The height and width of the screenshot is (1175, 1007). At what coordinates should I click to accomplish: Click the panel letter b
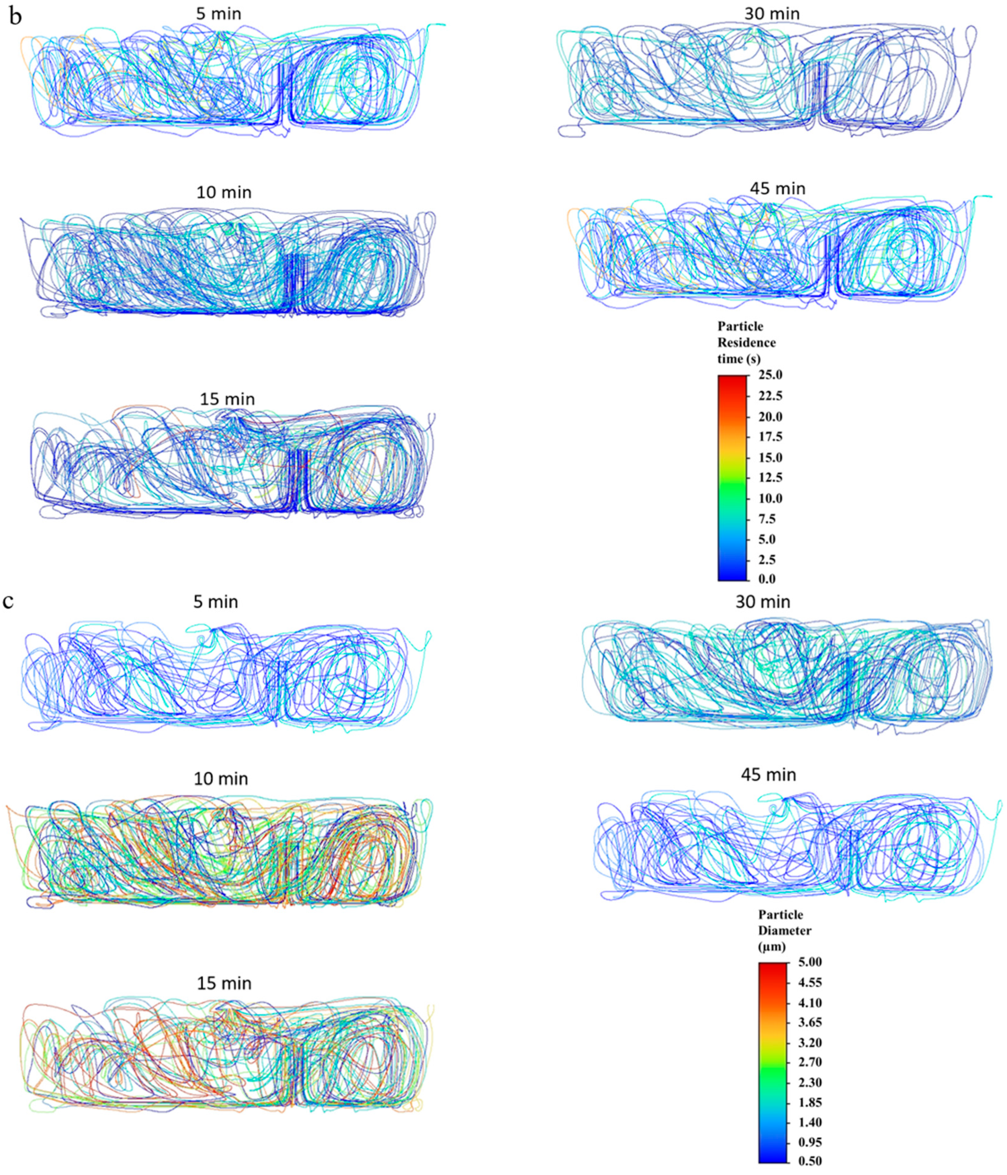[15, 17]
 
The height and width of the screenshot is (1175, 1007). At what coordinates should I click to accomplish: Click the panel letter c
[9, 601]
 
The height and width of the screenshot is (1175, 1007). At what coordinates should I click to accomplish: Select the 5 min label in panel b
[218, 14]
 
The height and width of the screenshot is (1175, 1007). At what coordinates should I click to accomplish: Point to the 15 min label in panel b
[227, 399]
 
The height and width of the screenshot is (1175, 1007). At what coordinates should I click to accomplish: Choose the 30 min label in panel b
[772, 14]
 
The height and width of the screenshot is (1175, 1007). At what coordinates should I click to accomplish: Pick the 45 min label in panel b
[777, 188]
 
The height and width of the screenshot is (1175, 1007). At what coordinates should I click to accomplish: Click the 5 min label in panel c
[216, 601]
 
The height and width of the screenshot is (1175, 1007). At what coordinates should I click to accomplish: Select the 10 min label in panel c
[221, 779]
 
